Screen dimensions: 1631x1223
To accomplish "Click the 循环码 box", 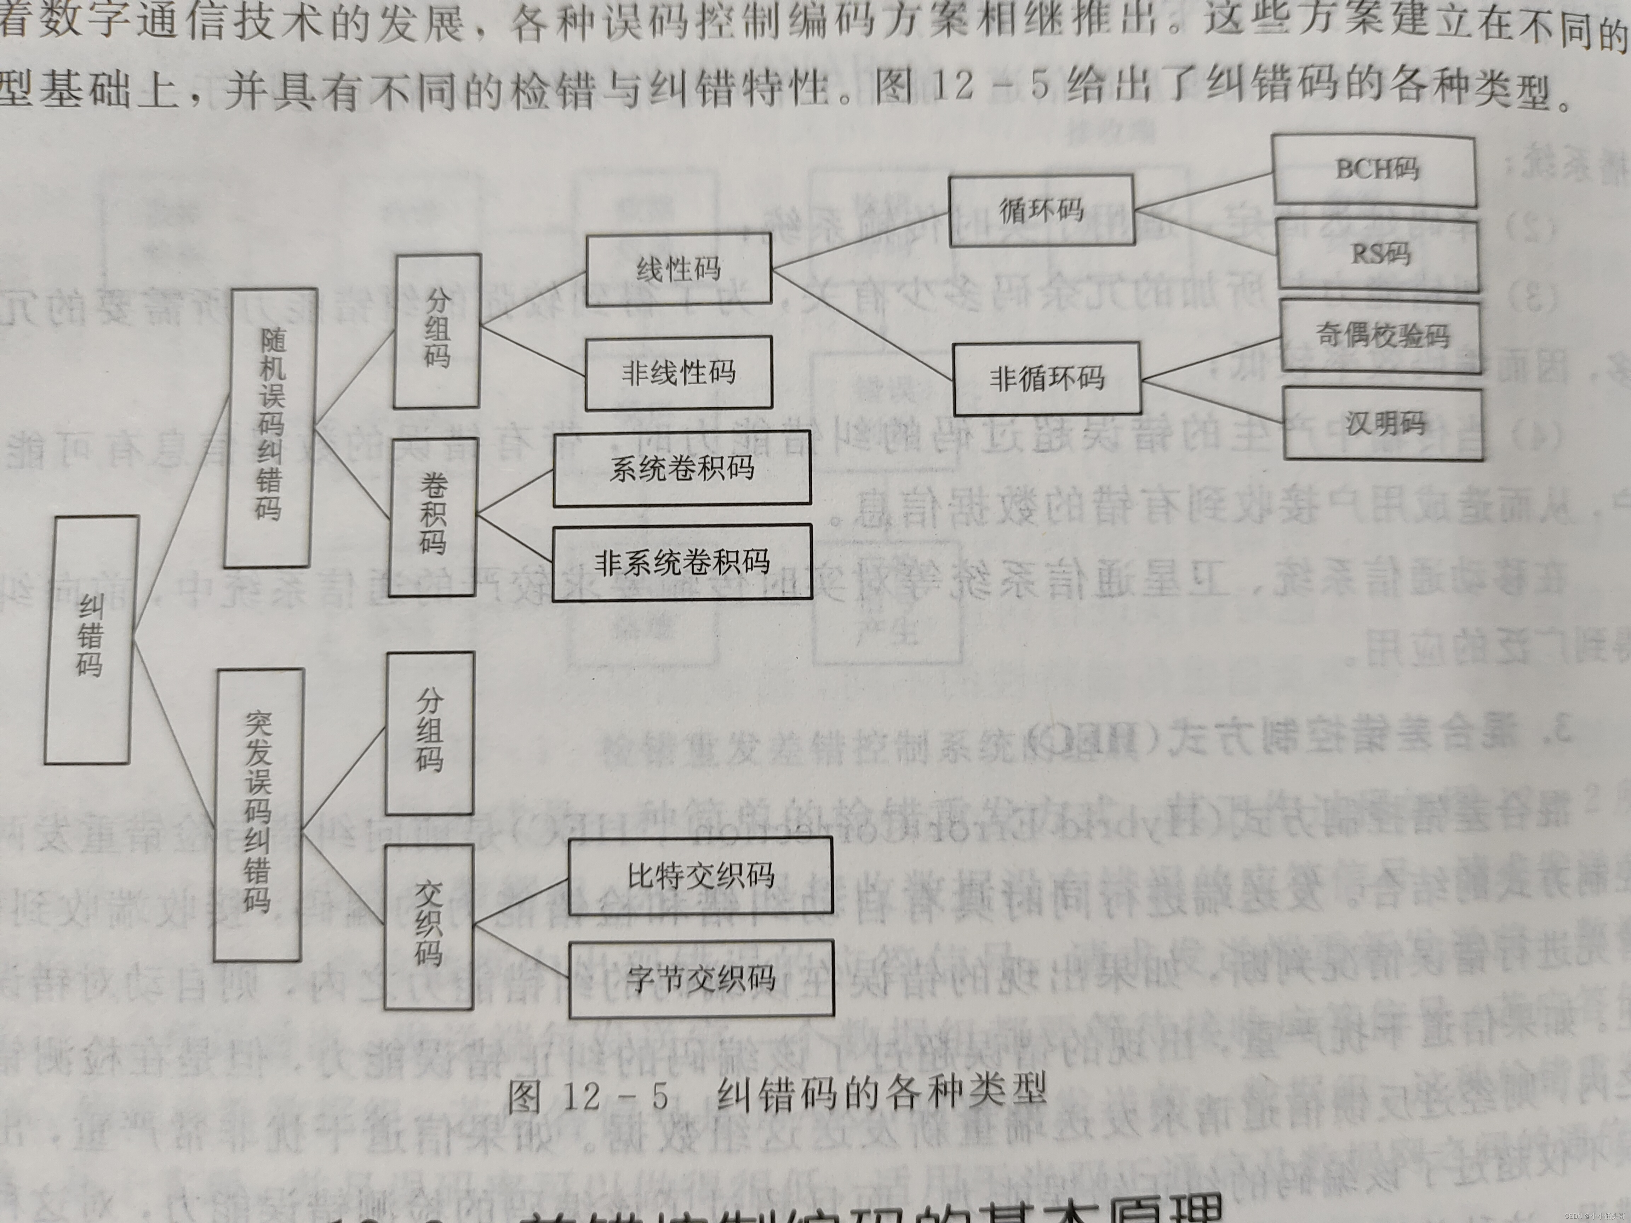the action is pyautogui.click(x=1041, y=210).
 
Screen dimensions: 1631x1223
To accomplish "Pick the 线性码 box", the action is pyautogui.click(x=679, y=269).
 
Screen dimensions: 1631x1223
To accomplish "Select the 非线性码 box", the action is pyautogui.click(x=679, y=373).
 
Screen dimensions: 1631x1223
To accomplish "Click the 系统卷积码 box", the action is pyautogui.click(x=682, y=469).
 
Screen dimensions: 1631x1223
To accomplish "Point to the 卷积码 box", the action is pyautogui.click(x=434, y=516).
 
